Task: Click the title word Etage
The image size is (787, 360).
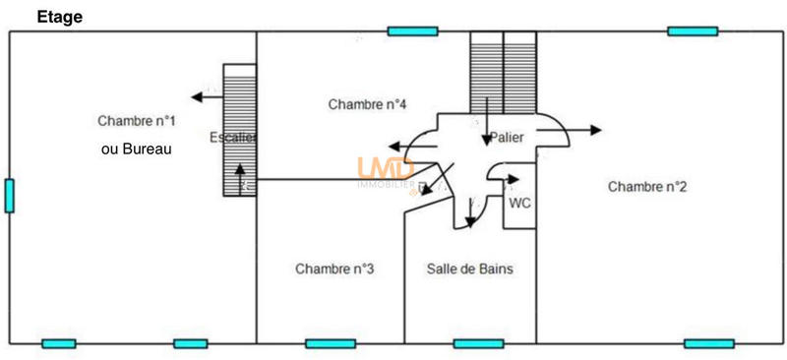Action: click(x=60, y=17)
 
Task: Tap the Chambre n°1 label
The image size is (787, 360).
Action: click(x=137, y=121)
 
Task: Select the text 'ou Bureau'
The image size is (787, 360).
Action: click(x=137, y=150)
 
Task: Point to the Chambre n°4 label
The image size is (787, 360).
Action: click(x=368, y=104)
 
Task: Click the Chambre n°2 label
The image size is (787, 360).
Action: click(x=646, y=186)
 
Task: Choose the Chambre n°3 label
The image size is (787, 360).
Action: click(x=333, y=269)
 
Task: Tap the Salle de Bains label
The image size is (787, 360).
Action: click(x=469, y=269)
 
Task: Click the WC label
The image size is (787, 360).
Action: click(x=519, y=203)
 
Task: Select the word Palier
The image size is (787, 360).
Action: click(x=508, y=138)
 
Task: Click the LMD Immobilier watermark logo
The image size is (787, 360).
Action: click(x=386, y=173)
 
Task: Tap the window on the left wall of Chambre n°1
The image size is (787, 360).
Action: click(x=9, y=195)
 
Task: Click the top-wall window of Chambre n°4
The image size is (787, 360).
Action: click(x=412, y=31)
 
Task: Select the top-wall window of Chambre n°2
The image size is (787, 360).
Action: click(x=693, y=31)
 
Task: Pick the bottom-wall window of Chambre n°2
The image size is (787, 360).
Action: click(x=708, y=343)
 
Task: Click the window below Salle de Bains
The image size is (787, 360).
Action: click(x=478, y=343)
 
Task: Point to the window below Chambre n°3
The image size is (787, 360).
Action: click(x=331, y=343)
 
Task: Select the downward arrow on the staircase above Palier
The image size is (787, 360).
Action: click(x=487, y=123)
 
